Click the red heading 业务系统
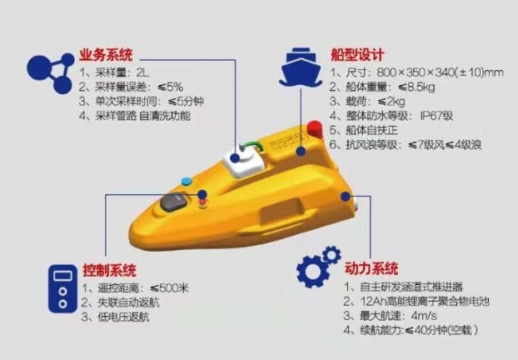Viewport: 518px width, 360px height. tap(106, 55)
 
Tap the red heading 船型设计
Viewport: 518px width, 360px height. tap(357, 55)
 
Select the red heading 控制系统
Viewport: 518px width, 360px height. tap(109, 270)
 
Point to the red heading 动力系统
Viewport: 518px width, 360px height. tap(371, 268)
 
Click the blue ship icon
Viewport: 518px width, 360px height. tap(301, 67)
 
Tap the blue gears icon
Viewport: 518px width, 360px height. tap(318, 267)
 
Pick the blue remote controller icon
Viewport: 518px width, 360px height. tap(62, 288)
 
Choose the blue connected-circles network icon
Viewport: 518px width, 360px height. tap(51, 72)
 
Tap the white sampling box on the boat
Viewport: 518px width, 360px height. tap(244, 162)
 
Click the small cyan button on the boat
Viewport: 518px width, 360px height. tap(187, 181)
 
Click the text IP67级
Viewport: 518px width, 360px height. tap(436, 116)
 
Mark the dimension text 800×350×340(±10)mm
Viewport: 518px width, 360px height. tap(440, 72)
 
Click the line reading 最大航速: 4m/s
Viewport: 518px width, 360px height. tap(390, 316)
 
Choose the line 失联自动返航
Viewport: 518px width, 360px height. tap(121, 302)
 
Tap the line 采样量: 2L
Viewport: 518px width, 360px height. tap(114, 72)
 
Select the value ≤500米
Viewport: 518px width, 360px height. tap(169, 288)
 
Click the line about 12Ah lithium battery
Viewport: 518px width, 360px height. tap(416, 301)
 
